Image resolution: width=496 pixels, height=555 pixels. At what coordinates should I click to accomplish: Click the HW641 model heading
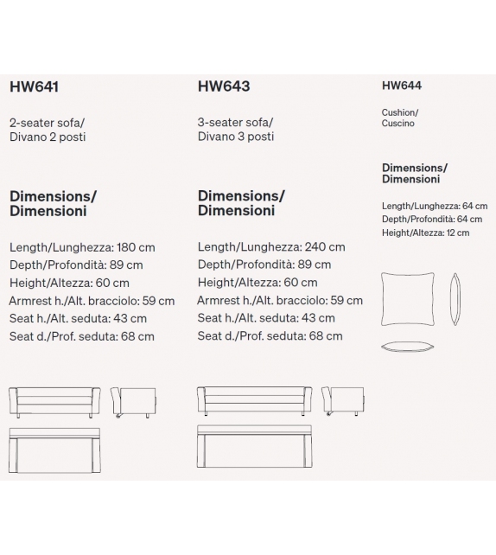(x=34, y=86)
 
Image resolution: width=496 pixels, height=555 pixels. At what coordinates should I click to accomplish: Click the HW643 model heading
(x=224, y=86)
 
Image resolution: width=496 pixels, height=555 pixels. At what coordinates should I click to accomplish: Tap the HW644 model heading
(x=402, y=86)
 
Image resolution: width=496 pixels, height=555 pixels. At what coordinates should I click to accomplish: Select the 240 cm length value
(x=325, y=246)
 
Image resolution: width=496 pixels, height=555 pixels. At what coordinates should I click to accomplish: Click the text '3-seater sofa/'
(x=235, y=122)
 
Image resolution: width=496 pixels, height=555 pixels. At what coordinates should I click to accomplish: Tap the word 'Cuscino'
(x=398, y=124)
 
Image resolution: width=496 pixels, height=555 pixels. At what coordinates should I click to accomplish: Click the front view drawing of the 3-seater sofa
(x=253, y=401)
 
